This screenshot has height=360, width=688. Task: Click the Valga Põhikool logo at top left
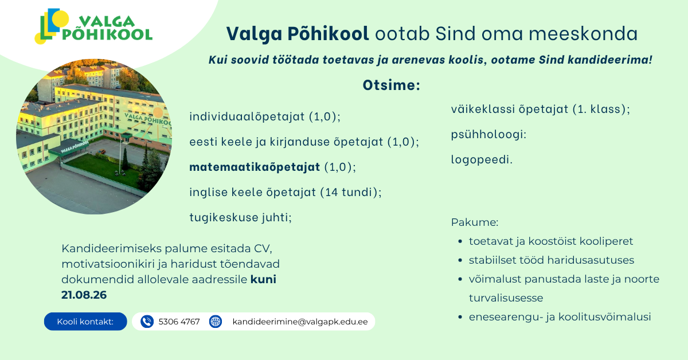pos(93,26)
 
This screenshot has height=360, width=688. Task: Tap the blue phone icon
pos(147,322)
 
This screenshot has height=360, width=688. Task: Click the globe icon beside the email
pos(216,322)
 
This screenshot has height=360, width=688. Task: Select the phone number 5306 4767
pos(179,322)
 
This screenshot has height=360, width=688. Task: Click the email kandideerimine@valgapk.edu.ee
pos(300,322)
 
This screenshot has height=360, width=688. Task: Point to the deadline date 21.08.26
pos(84,295)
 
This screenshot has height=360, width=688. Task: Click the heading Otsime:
pos(391,85)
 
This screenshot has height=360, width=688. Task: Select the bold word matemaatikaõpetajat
pos(255,167)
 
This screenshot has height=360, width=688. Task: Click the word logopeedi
pos(480,160)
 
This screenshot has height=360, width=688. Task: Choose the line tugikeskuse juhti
pos(240,217)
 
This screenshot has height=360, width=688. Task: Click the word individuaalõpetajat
pos(247,117)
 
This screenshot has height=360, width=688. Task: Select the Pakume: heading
pos(475,222)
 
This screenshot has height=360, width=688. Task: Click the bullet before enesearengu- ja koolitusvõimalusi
pos(460,317)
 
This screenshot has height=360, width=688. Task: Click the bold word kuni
pos(263,279)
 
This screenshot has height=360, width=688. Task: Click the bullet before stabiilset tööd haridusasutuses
pos(460,260)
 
